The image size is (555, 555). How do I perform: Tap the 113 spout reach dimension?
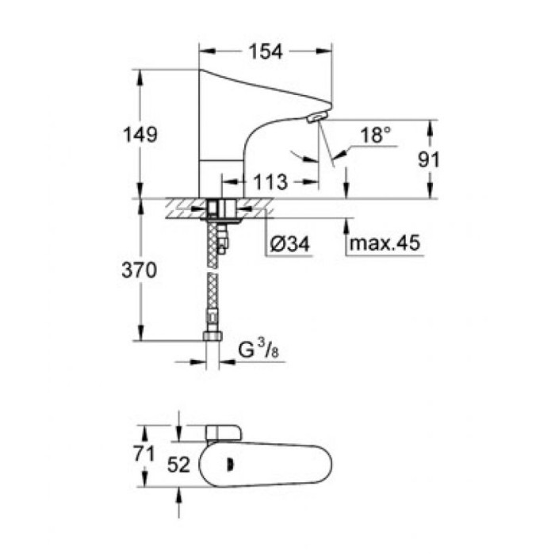click(x=271, y=182)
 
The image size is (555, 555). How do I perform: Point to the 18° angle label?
click(x=377, y=136)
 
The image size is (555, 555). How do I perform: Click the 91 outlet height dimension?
click(x=429, y=159)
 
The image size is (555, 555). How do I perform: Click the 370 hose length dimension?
click(x=140, y=270)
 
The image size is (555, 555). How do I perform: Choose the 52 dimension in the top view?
click(x=179, y=465)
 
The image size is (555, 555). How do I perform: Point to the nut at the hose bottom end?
click(x=212, y=335)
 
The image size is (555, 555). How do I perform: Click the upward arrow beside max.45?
click(x=346, y=230)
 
